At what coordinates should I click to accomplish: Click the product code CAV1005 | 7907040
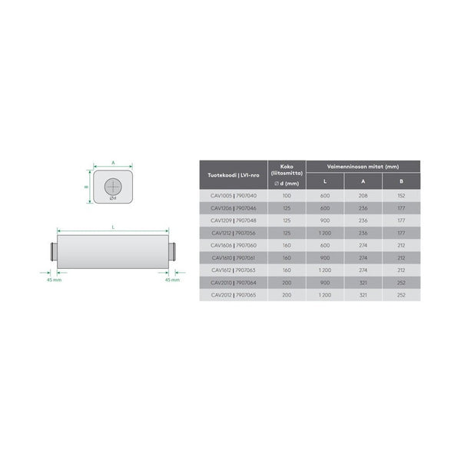[234, 196]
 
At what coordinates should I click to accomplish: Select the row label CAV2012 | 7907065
[234, 294]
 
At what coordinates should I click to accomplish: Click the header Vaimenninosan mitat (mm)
[363, 165]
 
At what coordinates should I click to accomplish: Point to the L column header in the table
[324, 182]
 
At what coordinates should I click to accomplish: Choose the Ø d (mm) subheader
[287, 184]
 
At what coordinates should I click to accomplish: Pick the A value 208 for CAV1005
[363, 196]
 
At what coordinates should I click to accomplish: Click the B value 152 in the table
[401, 196]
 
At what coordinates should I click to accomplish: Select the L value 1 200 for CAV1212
[324, 233]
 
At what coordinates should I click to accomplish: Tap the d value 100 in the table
[287, 196]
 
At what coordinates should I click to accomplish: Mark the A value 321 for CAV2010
[363, 282]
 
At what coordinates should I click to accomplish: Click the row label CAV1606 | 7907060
[234, 245]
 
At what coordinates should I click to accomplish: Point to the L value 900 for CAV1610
[324, 257]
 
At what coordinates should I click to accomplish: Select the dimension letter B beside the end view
[88, 185]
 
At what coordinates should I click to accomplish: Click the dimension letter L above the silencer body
[113, 227]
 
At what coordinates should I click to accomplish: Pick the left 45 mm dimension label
[51, 280]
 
